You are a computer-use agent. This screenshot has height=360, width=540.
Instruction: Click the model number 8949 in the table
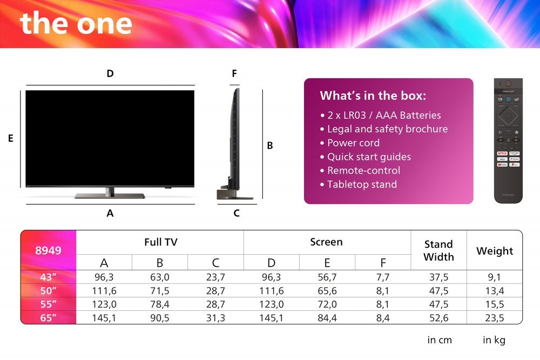pyautogui.click(x=49, y=250)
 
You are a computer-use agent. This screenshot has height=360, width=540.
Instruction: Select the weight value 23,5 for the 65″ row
pyautogui.click(x=494, y=318)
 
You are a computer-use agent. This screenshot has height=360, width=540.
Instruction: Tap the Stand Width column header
pyautogui.click(x=438, y=250)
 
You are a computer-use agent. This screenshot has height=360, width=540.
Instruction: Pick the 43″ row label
pyautogui.click(x=49, y=277)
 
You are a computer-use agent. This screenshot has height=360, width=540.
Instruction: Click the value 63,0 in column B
pyautogui.click(x=160, y=277)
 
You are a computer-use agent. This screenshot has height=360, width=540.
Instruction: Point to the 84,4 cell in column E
pyautogui.click(x=327, y=318)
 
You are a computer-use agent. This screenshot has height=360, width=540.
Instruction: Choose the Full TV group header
pyautogui.click(x=160, y=242)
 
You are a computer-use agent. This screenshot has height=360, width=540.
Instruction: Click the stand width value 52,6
pyautogui.click(x=438, y=318)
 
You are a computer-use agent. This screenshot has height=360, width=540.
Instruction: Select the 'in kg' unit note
pyautogui.click(x=494, y=340)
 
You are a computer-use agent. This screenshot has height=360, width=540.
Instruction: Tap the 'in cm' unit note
pyautogui.click(x=440, y=340)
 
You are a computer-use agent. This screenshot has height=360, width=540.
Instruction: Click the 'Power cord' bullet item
pyautogui.click(x=353, y=143)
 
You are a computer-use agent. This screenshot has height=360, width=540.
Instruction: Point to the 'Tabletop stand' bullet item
pyautogui.click(x=362, y=185)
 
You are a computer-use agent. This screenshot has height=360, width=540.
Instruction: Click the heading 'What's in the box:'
pyautogui.click(x=373, y=96)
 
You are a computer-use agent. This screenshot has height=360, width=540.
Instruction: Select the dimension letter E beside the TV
pyautogui.click(x=10, y=139)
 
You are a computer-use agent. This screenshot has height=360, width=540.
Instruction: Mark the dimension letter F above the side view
pyautogui.click(x=234, y=74)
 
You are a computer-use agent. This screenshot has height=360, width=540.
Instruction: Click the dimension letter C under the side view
pyautogui.click(x=237, y=213)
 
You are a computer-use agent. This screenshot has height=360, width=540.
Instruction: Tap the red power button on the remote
pyautogui.click(x=508, y=84)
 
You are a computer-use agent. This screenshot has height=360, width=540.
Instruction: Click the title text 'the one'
pyautogui.click(x=76, y=23)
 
